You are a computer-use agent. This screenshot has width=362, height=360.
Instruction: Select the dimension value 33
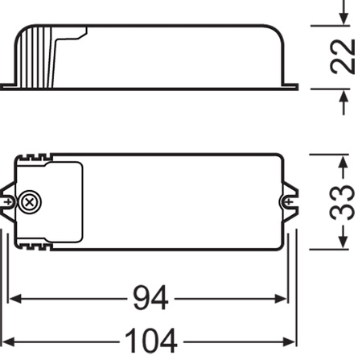point(343,201)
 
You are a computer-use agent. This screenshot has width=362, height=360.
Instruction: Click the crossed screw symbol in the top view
point(31,201)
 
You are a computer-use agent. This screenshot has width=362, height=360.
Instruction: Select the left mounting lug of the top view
point(8,200)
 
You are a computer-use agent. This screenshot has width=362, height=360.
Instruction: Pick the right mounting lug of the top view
point(290,200)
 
